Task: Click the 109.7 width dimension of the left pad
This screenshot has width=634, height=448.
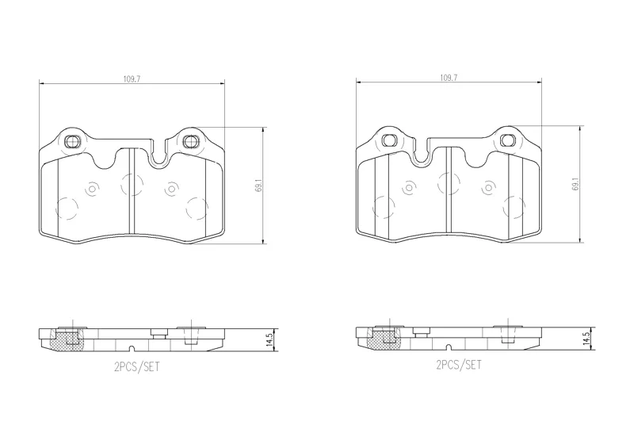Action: (x=132, y=79)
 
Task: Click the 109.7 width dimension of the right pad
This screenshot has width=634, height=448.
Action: (x=449, y=78)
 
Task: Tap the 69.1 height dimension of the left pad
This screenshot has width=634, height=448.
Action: (x=259, y=186)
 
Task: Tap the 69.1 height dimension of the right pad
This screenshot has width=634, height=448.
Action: (x=576, y=184)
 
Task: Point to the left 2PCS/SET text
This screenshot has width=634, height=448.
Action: (x=137, y=367)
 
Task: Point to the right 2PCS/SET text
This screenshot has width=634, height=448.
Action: (x=459, y=365)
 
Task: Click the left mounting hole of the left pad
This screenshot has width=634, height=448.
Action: (x=73, y=141)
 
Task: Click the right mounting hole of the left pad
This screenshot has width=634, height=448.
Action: (x=190, y=141)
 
